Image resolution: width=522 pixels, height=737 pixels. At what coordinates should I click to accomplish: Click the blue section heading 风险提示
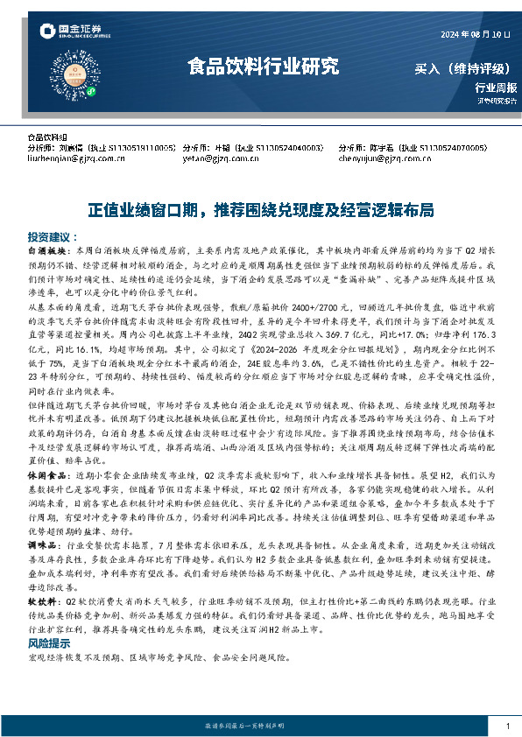49,642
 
